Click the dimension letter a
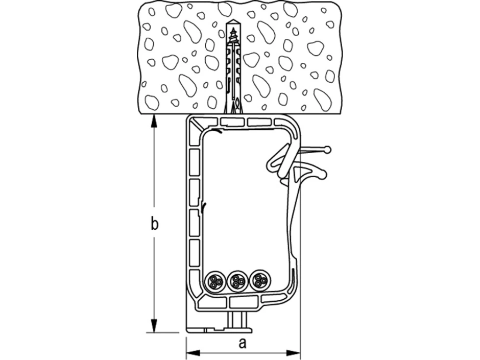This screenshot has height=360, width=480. [x=243, y=343]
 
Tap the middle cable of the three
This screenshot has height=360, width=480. [x=236, y=280]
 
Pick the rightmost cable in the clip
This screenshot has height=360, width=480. [x=259, y=280]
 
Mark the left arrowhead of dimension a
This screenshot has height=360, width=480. [x=190, y=352]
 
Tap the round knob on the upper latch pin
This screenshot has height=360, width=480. [x=327, y=150]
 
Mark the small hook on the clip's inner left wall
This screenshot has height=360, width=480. [x=204, y=207]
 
